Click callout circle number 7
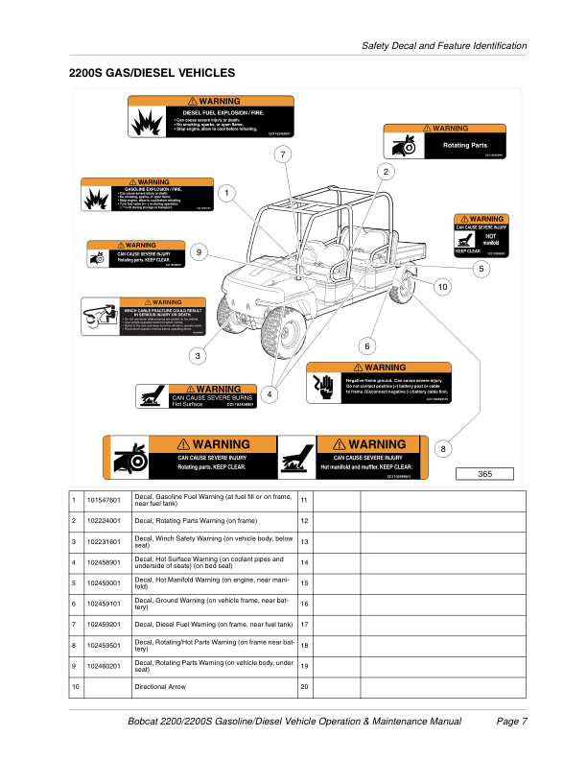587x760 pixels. (x=282, y=154)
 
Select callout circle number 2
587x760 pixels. (x=386, y=172)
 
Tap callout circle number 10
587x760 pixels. (x=442, y=287)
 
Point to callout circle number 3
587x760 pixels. (x=198, y=356)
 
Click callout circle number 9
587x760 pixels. (x=198, y=252)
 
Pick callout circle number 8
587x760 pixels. (x=442, y=448)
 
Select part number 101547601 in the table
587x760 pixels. (x=103, y=500)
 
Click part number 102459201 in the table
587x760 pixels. (x=103, y=624)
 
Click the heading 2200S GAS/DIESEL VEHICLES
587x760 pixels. (x=152, y=73)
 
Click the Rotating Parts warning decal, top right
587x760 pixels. (x=444, y=142)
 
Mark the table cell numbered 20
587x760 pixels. (x=304, y=687)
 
